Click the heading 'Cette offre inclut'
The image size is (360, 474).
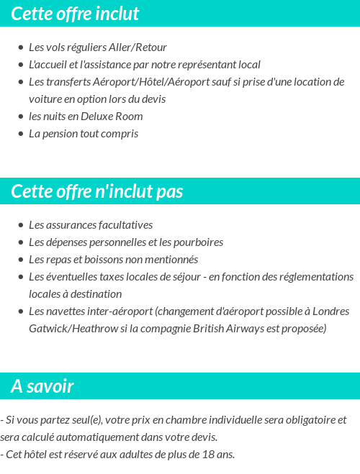[76, 14]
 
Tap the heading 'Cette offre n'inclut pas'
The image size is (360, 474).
[97, 191]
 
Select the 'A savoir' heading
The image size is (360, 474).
[42, 386]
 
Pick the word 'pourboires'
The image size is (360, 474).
[197, 242]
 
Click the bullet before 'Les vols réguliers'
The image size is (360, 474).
[20, 47]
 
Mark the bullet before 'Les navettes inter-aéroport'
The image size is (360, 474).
[20, 311]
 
